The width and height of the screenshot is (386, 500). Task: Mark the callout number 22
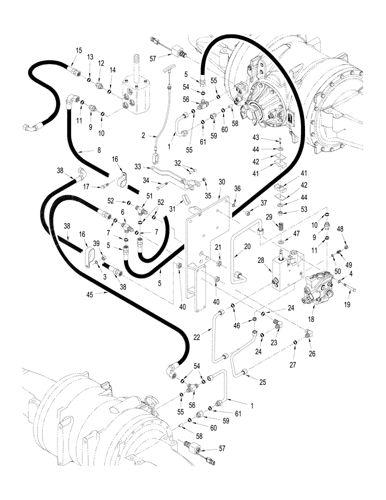197,338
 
